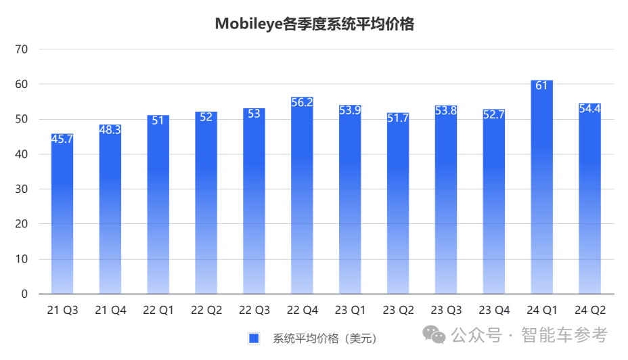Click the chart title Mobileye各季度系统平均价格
pyautogui.click(x=314, y=24)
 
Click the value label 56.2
pyautogui.click(x=302, y=102)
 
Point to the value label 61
pyautogui.click(x=542, y=85)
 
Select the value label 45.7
pyautogui.click(x=62, y=139)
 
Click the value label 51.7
pyautogui.click(x=398, y=118)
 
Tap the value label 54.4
pyautogui.click(x=590, y=108)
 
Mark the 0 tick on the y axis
pyautogui.click(x=24, y=294)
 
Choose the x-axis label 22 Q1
pyautogui.click(x=158, y=311)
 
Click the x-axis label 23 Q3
pyautogui.click(x=446, y=311)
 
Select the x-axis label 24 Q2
pyautogui.click(x=590, y=311)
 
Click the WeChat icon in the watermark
pyautogui.click(x=434, y=335)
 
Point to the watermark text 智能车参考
pyautogui.click(x=564, y=335)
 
